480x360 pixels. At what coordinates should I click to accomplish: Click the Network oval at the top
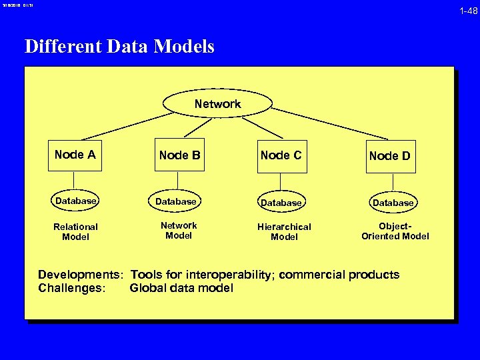click(x=217, y=103)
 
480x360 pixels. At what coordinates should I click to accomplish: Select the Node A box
click(x=75, y=155)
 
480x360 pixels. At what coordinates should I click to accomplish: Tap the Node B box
click(x=179, y=156)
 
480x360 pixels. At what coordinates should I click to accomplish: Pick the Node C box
click(x=281, y=156)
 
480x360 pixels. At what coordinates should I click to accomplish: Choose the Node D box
click(x=390, y=156)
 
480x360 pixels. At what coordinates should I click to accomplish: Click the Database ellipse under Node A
click(x=75, y=201)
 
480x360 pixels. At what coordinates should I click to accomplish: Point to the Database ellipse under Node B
click(x=177, y=201)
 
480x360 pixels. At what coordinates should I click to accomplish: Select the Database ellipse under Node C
click(x=281, y=202)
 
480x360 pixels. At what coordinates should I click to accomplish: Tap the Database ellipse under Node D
click(x=393, y=202)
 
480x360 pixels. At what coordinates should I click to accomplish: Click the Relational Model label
click(x=75, y=232)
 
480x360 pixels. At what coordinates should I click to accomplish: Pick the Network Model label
click(x=179, y=230)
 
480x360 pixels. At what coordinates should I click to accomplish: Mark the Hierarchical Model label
click(x=284, y=232)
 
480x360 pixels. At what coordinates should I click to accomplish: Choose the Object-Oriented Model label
click(x=395, y=231)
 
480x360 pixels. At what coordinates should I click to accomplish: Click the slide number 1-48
click(x=468, y=11)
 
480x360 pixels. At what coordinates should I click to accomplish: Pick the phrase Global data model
click(x=181, y=288)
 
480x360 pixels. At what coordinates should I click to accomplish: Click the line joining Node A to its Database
click(x=74, y=181)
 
